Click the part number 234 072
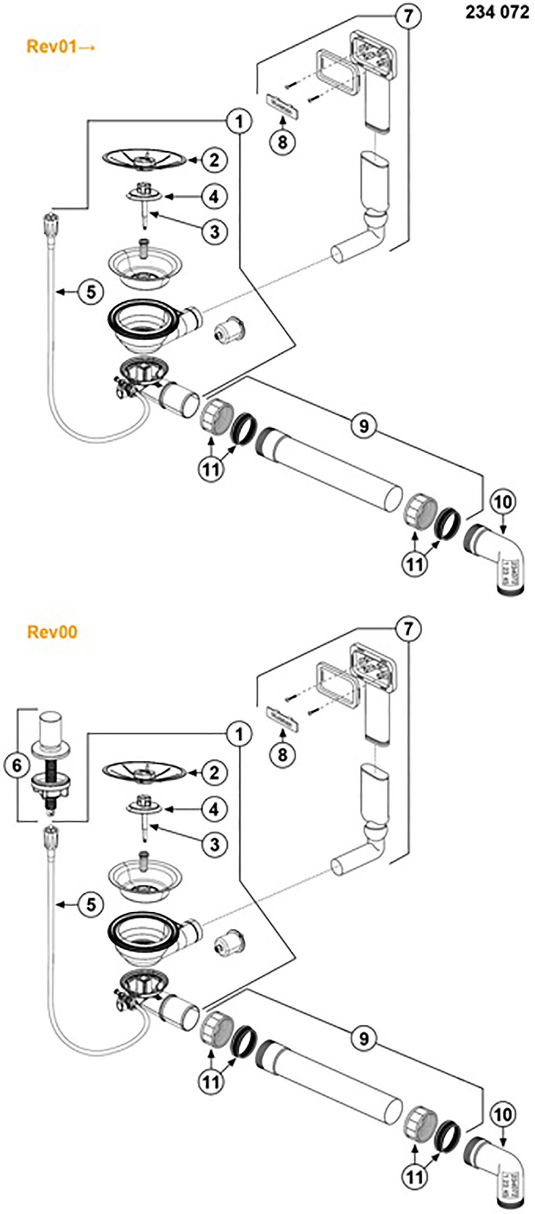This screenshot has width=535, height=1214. click(x=497, y=12)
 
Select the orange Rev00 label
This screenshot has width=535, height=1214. click(x=52, y=632)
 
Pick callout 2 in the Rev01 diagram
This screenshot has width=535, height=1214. click(x=214, y=160)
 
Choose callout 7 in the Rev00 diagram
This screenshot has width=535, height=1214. click(x=408, y=629)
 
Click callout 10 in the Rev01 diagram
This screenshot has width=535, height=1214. click(x=502, y=502)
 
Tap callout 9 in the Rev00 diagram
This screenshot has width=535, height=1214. click(x=363, y=1039)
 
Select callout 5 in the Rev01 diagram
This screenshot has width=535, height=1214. click(x=91, y=291)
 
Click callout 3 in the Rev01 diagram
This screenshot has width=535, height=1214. click(x=215, y=231)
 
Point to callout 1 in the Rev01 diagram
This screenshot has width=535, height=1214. click(x=240, y=121)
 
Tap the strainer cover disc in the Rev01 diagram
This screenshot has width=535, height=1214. click(x=144, y=159)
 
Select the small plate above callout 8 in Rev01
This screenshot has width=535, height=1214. click(x=283, y=106)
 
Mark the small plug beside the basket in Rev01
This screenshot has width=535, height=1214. click(x=228, y=332)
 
